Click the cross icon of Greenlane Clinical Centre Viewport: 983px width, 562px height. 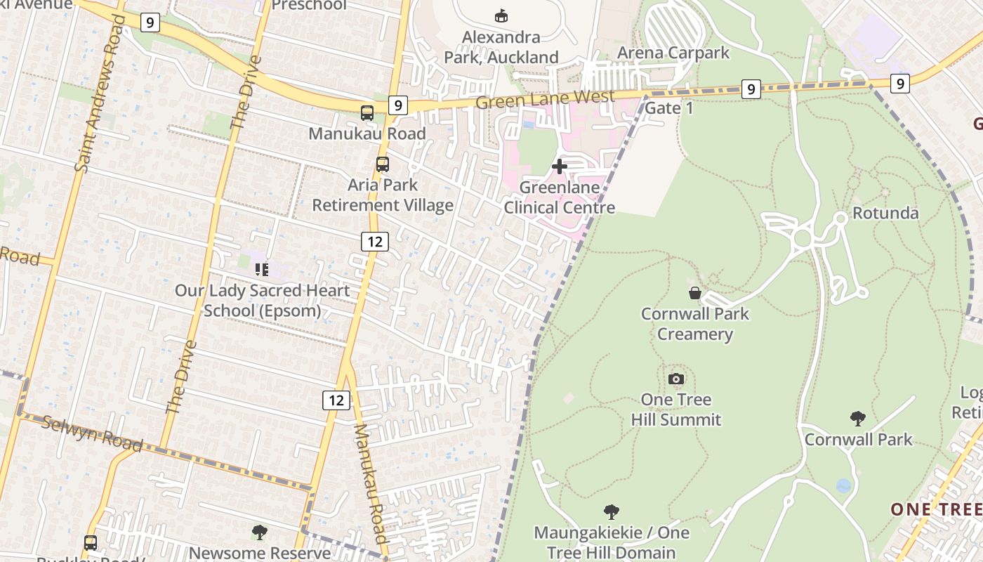point(560,166)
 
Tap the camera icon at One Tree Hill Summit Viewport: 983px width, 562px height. point(676,379)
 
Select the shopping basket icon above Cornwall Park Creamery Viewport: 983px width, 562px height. point(694,293)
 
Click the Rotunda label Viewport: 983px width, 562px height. point(885,213)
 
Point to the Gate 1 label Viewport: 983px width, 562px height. point(668,108)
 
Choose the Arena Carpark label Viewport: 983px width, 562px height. point(673,53)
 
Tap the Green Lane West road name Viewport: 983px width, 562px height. point(545,99)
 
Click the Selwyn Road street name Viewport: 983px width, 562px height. point(92,433)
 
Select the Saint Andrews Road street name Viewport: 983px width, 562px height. point(100,93)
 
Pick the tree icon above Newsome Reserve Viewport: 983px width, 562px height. point(260,532)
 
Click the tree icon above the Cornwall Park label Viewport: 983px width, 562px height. point(857,419)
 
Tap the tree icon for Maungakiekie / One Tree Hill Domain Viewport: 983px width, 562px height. point(612,511)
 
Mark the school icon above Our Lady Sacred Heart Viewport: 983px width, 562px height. point(262,270)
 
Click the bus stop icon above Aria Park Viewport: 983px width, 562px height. point(383,164)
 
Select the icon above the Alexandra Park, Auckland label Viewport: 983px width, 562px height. point(501,15)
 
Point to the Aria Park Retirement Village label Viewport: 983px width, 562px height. point(383,195)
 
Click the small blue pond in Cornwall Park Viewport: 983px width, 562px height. point(844,485)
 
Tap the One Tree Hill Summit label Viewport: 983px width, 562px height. point(675,410)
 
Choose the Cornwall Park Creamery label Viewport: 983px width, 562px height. point(694,324)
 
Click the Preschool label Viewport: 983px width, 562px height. point(309,6)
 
